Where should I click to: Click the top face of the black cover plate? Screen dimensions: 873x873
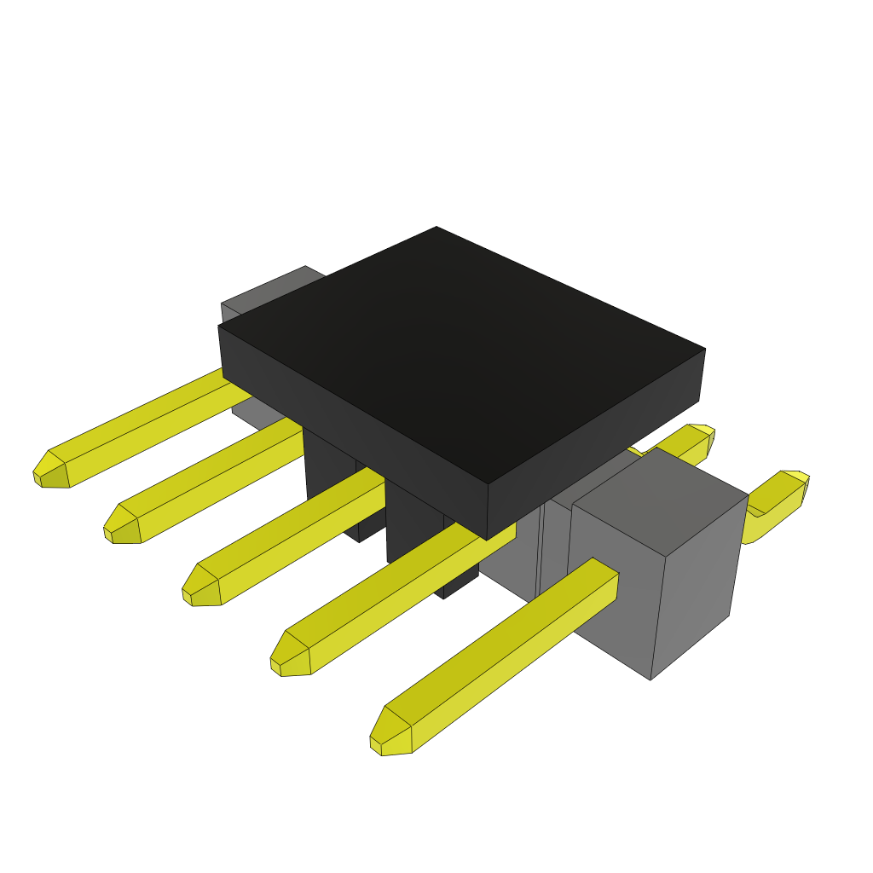(x=460, y=350)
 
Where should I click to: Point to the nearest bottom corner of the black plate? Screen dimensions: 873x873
(x=487, y=540)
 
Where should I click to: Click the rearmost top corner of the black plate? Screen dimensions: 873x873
(x=436, y=228)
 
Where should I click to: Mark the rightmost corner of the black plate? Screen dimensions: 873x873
(x=704, y=350)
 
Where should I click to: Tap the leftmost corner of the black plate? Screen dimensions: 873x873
(x=219, y=327)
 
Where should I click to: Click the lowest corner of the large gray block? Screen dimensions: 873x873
(x=650, y=679)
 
